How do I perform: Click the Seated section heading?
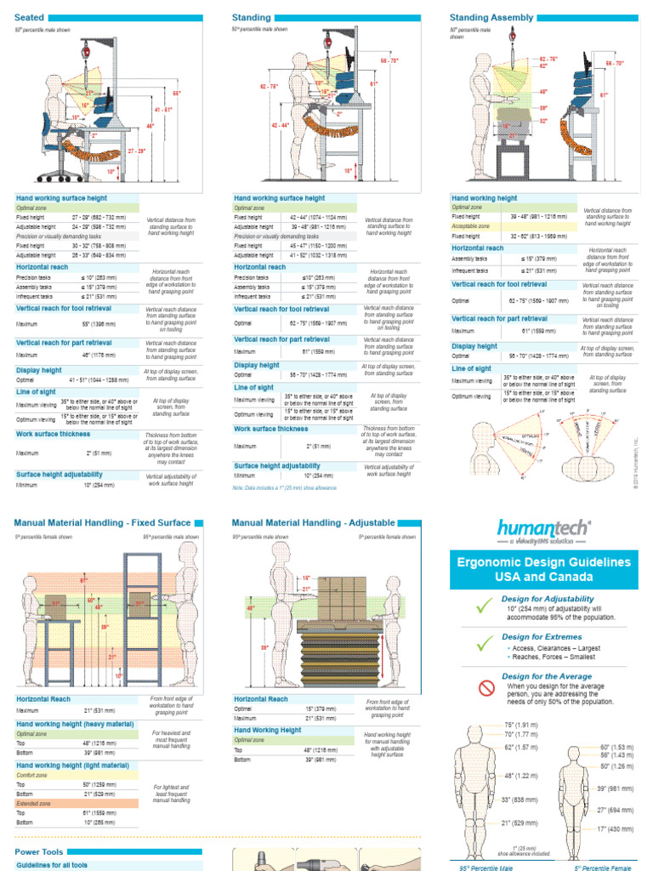click(x=30, y=17)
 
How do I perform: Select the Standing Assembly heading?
click(x=491, y=17)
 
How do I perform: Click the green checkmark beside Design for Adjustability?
click(x=485, y=606)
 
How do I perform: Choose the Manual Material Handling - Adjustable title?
click(x=313, y=523)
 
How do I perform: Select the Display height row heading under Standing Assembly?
click(x=474, y=346)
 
